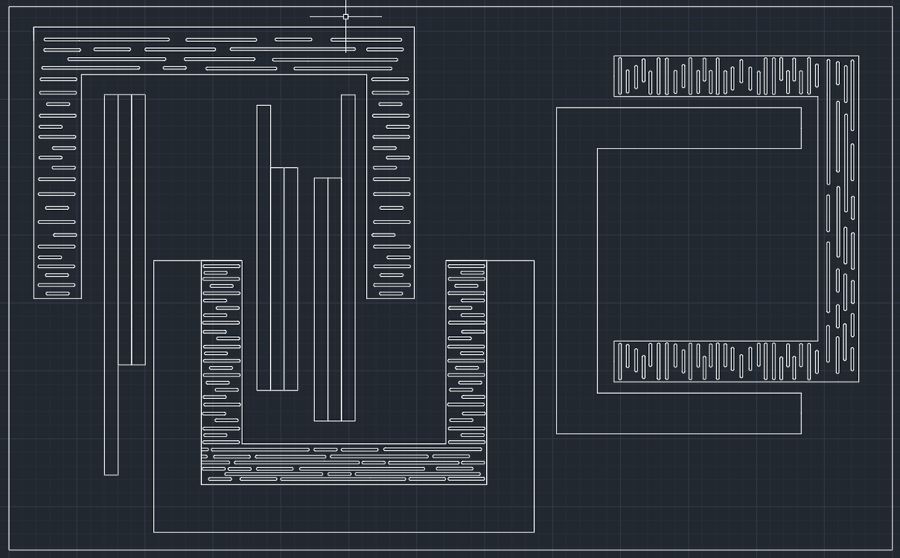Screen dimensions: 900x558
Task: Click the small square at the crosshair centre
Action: (346, 16)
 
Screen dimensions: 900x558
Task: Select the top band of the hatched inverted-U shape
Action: (223, 51)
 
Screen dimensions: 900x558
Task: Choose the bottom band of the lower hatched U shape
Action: (343, 464)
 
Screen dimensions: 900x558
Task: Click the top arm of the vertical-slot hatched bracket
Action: (715, 76)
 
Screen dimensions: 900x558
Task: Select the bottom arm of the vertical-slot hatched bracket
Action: (715, 361)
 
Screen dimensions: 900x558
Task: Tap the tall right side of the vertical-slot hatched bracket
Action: (838, 217)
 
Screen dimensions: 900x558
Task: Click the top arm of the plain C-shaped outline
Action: (679, 128)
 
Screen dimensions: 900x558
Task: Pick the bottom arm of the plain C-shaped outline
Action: (679, 413)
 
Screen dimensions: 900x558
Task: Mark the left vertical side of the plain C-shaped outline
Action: (577, 270)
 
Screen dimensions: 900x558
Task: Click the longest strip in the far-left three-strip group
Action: (111, 285)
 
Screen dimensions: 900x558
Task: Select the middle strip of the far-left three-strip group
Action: (124, 229)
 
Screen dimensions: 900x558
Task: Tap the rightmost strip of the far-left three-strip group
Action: (138, 229)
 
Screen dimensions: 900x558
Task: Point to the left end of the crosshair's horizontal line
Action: (310, 16)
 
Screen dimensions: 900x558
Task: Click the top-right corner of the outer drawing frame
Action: (891, 7)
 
